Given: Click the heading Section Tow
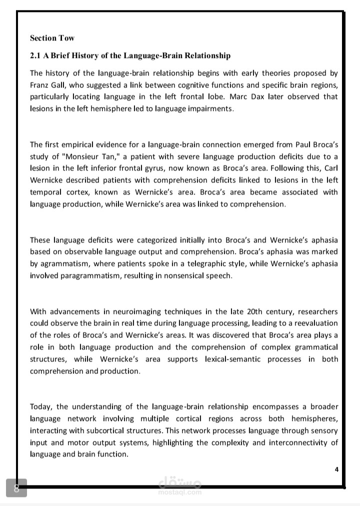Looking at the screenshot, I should (x=52, y=38).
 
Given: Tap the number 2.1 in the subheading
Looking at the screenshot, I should (x=35, y=55).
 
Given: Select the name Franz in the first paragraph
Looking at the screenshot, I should (x=39, y=84).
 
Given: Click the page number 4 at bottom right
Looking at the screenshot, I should (x=336, y=469).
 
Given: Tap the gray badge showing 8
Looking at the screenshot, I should (x=16, y=488).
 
